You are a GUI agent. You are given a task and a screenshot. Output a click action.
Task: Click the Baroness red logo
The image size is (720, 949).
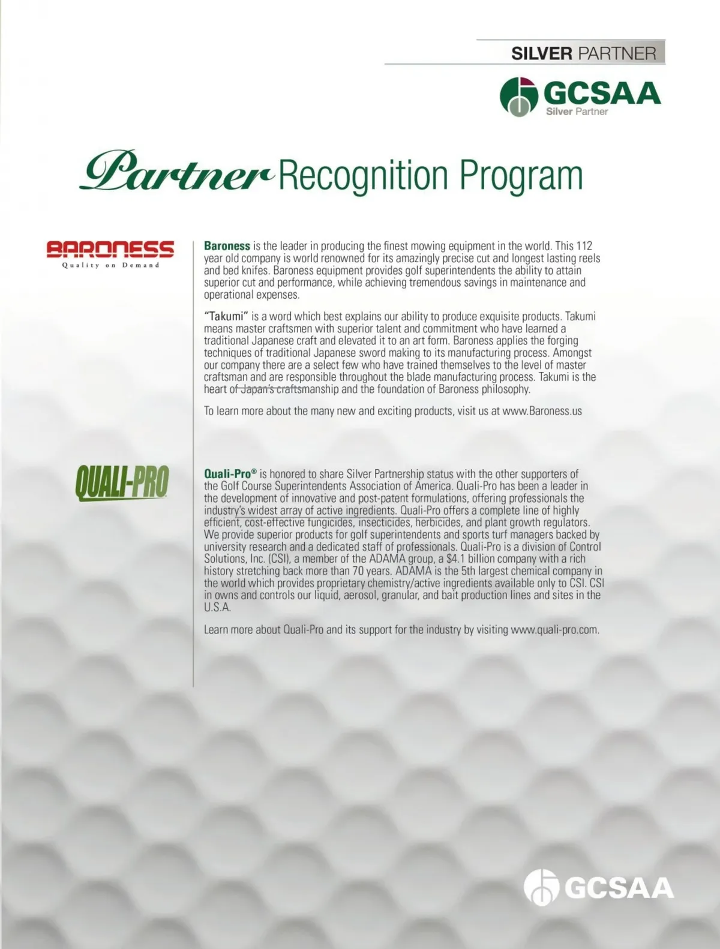click(x=110, y=248)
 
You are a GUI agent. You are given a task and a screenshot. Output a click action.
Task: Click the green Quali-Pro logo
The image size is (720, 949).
click(x=122, y=483)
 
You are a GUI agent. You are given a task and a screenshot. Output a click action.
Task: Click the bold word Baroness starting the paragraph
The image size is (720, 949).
click(x=227, y=246)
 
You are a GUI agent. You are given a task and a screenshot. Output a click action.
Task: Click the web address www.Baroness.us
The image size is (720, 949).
click(x=542, y=412)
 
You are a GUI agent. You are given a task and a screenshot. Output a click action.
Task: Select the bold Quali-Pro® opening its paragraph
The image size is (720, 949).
click(x=230, y=474)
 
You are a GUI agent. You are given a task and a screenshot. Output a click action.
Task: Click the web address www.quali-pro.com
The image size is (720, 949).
click(x=554, y=630)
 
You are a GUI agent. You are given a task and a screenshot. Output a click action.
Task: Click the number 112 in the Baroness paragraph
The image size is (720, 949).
click(x=584, y=246)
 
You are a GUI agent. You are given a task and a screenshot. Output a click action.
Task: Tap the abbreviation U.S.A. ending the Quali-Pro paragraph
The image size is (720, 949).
click(x=217, y=607)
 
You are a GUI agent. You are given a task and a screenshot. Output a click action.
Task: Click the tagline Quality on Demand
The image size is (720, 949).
click(x=111, y=265)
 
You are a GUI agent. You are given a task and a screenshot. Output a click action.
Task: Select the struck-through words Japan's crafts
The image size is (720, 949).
click(x=271, y=389)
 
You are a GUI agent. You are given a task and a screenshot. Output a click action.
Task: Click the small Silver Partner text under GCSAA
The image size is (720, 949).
click(x=577, y=112)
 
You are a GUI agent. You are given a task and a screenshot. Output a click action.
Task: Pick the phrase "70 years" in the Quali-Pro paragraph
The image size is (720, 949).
click(x=358, y=571)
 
